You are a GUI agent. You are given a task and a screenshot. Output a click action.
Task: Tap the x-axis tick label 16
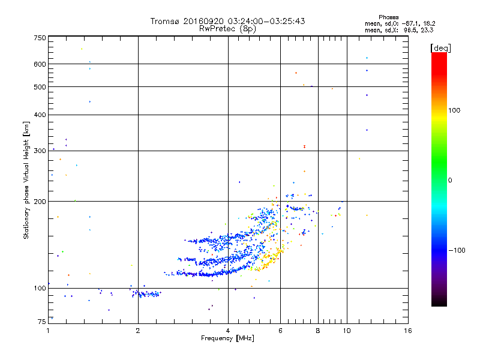(408, 331)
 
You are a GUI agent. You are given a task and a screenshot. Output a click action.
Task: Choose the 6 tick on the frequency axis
(281, 331)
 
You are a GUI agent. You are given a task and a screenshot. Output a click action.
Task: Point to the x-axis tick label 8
(318, 331)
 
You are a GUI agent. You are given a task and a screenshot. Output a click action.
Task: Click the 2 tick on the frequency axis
(138, 331)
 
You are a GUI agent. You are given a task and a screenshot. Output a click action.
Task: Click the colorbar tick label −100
(458, 250)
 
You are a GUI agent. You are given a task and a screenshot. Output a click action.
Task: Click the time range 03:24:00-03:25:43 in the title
(262, 21)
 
